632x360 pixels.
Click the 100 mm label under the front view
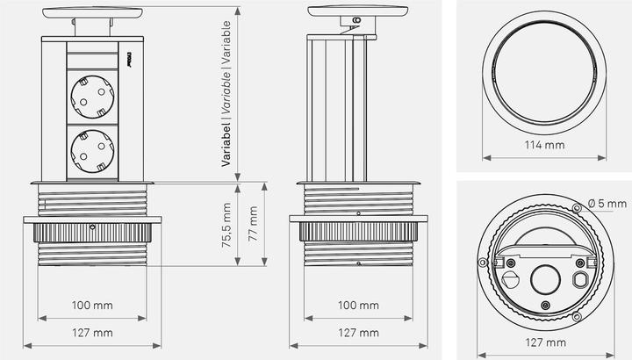(92, 306)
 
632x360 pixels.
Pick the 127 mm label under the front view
(92, 333)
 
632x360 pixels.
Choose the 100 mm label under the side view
(357, 306)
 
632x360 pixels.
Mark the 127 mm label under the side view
(357, 333)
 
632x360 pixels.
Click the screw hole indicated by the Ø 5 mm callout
(576, 209)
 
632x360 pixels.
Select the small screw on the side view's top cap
(355, 20)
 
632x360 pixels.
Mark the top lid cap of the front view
(92, 12)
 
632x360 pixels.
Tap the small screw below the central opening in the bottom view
(545, 305)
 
